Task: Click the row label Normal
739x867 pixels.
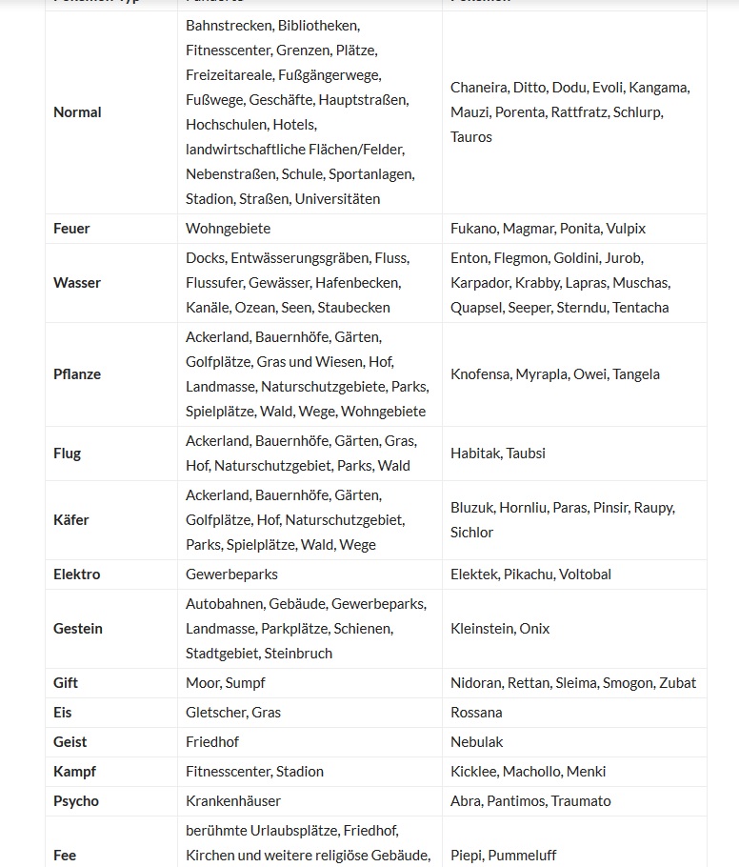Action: (77, 112)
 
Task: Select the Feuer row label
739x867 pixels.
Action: (71, 229)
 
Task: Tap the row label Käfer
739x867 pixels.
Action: (70, 520)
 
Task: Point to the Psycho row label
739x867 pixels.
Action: (76, 801)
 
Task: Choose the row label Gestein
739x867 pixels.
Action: (78, 629)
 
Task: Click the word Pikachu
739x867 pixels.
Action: (528, 575)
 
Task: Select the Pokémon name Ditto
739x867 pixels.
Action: (529, 88)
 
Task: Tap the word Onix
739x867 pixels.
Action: (534, 629)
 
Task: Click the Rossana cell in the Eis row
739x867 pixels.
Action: (476, 713)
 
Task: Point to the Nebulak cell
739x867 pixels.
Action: (477, 742)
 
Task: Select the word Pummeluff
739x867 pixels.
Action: (522, 856)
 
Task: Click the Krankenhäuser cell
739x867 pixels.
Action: (233, 801)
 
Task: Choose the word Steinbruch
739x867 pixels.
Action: (298, 654)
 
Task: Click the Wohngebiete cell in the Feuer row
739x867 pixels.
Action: (228, 229)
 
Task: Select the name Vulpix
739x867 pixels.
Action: (626, 229)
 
